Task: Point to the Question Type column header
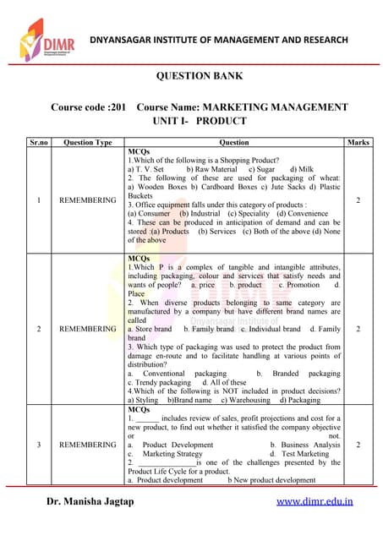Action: pos(88,142)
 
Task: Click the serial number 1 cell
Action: pos(39,200)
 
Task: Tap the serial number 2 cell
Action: pos(39,328)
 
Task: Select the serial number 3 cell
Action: pos(39,444)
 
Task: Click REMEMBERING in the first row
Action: pos(88,200)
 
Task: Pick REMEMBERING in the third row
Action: pos(88,444)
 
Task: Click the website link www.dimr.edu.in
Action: pos(315,501)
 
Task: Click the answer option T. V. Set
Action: pos(149,169)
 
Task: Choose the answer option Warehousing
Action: pos(246,400)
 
